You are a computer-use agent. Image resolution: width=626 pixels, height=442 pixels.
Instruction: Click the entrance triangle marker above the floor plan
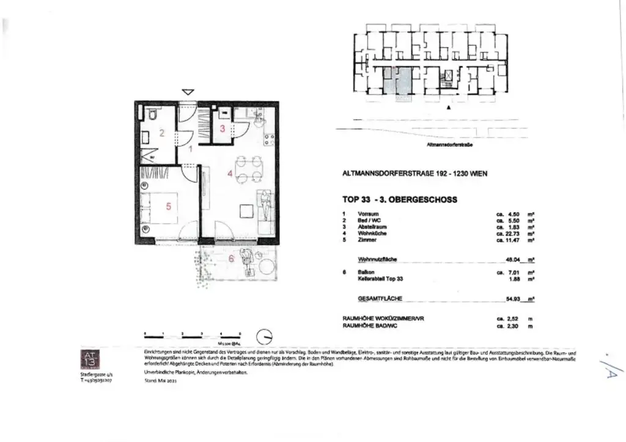(188, 92)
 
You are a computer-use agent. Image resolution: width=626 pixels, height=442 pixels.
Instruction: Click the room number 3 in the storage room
(223, 128)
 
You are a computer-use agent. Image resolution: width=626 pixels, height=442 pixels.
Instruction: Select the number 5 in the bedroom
(169, 206)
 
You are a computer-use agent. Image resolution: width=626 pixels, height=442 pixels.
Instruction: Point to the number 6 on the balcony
(231, 258)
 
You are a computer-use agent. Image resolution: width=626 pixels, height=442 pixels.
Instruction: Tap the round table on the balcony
(267, 267)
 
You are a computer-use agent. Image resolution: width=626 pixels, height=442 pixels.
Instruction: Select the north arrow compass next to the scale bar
(265, 336)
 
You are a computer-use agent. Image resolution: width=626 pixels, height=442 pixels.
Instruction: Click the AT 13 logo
(90, 358)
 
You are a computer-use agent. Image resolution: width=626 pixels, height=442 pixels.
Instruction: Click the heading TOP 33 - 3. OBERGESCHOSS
(399, 199)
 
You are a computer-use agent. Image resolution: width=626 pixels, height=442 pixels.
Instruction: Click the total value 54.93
(517, 300)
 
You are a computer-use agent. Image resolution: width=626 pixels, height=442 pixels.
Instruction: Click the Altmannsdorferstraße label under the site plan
(451, 145)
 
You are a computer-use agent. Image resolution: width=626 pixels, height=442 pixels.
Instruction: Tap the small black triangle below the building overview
(449, 108)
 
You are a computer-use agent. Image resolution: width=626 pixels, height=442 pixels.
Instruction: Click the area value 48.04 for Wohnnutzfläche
(517, 259)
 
